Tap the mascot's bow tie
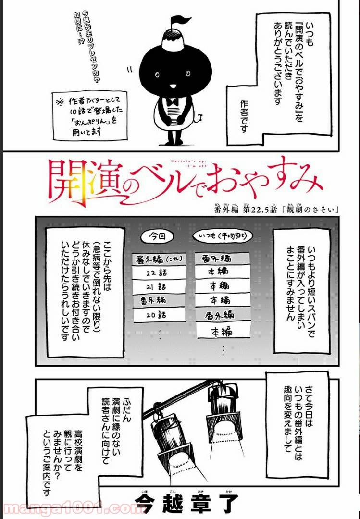(173, 102)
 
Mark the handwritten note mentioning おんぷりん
(89, 115)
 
